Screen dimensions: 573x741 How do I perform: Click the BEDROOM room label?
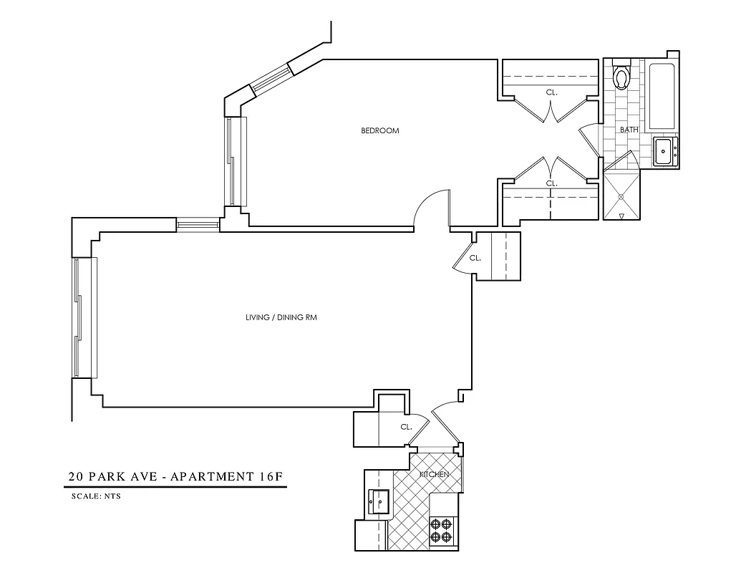pyautogui.click(x=379, y=131)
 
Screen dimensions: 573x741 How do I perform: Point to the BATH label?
pyautogui.click(x=629, y=130)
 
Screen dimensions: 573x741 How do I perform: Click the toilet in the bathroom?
pyautogui.click(x=621, y=76)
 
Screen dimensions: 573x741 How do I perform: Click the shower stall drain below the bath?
pyautogui.click(x=621, y=195)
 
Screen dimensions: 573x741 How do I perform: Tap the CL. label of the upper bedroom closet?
pyautogui.click(x=551, y=92)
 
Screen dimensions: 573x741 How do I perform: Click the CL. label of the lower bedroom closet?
pyautogui.click(x=551, y=183)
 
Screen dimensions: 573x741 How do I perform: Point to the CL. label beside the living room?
pyautogui.click(x=475, y=258)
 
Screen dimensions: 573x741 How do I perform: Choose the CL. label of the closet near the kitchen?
pyautogui.click(x=406, y=427)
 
